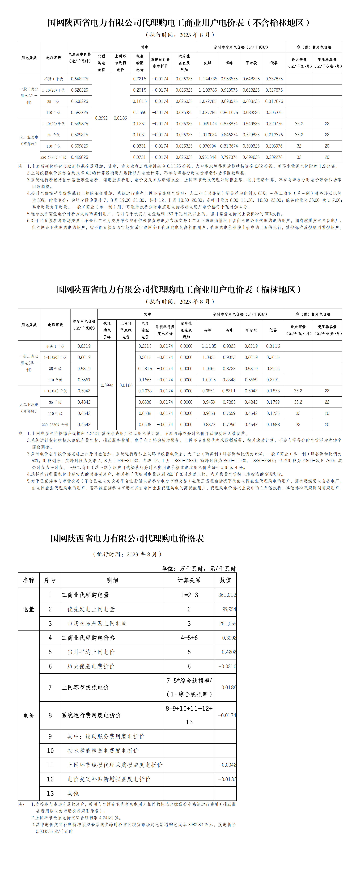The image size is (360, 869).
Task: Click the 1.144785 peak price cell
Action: pos(208,79)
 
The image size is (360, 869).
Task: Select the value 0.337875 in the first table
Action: pos(274,79)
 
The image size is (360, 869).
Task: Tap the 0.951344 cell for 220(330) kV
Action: pos(208,157)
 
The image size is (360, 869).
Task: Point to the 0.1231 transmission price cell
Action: pos(140,124)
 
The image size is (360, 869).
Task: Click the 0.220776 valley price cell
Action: pos(274,124)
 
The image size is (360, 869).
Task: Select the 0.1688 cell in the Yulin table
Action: pos(273,424)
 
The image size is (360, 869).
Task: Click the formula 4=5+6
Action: pos(189,638)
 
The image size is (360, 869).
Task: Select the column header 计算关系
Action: pos(189,580)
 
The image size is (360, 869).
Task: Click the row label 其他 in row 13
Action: pos(73,793)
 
